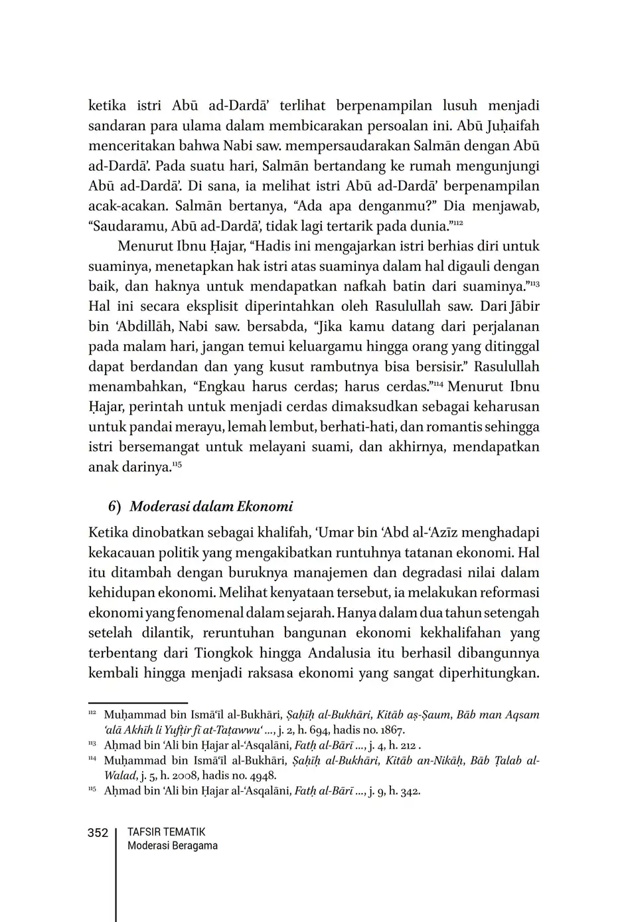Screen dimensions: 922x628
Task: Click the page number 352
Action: (98, 833)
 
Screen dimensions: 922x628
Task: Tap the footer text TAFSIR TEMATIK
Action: (166, 832)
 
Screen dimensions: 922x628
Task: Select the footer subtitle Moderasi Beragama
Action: (172, 846)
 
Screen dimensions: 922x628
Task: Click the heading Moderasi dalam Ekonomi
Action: (211, 506)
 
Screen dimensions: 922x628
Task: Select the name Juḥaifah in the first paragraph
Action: (512, 126)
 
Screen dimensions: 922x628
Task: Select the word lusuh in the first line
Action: (453, 106)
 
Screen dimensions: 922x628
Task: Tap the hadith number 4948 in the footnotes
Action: (263, 775)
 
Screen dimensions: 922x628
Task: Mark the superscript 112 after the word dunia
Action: (458, 223)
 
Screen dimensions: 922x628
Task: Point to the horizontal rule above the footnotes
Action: (138, 703)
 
